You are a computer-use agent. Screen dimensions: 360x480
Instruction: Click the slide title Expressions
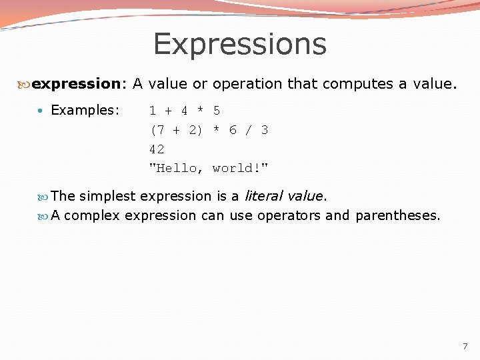click(x=239, y=44)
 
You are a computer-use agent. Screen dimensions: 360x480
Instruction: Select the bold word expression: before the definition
click(x=79, y=84)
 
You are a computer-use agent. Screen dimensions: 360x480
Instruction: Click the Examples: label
click(x=85, y=110)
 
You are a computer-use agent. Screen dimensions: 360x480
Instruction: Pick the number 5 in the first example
click(x=217, y=111)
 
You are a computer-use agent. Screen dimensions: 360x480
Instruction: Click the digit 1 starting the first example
click(x=153, y=111)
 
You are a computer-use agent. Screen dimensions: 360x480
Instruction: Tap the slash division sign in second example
click(x=249, y=130)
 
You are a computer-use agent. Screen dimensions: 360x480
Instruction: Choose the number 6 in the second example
click(x=233, y=130)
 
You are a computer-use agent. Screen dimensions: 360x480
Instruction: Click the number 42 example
click(x=157, y=149)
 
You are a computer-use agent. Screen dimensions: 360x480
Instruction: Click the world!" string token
click(x=241, y=168)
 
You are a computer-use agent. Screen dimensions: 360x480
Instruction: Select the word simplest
click(x=107, y=196)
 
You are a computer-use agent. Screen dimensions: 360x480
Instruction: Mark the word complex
click(x=92, y=215)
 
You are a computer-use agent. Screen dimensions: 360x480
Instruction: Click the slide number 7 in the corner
click(x=465, y=347)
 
